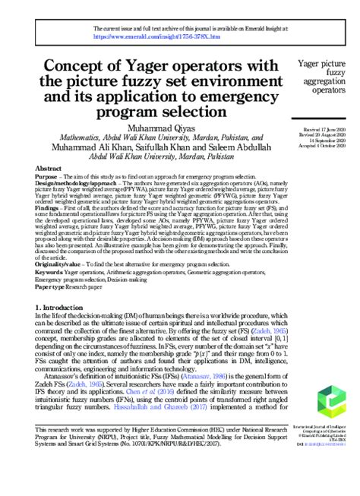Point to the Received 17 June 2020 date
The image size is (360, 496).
(x=324, y=131)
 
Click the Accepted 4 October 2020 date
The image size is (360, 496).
(x=324, y=147)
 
